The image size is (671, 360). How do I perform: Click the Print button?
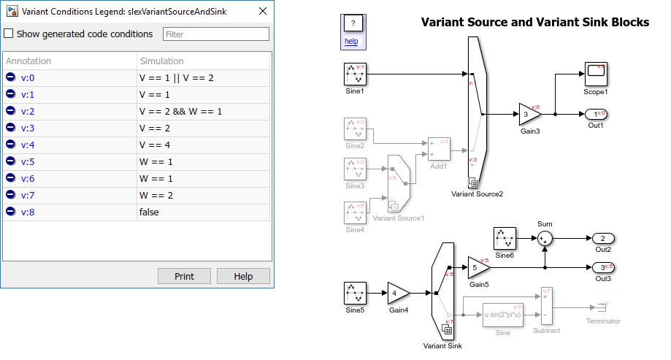[184, 276]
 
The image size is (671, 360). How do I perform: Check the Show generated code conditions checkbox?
[9, 34]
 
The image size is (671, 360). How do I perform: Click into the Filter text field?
[215, 34]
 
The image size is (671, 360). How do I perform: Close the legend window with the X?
[262, 12]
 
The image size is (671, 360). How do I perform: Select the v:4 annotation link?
[28, 145]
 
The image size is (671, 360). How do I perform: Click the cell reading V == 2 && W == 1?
[180, 111]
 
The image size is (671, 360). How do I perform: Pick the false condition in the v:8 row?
[149, 212]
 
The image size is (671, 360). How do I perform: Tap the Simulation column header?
[161, 61]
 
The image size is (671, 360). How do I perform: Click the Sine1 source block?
[355, 74]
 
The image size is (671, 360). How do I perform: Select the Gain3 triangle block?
[529, 115]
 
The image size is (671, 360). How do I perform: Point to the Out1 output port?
[597, 115]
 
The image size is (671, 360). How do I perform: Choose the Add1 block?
[439, 148]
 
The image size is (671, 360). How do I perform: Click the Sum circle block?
[545, 238]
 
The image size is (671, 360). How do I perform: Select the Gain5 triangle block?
[478, 267]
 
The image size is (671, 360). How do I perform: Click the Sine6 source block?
[505, 238]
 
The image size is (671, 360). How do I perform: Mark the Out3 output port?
[603, 267]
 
